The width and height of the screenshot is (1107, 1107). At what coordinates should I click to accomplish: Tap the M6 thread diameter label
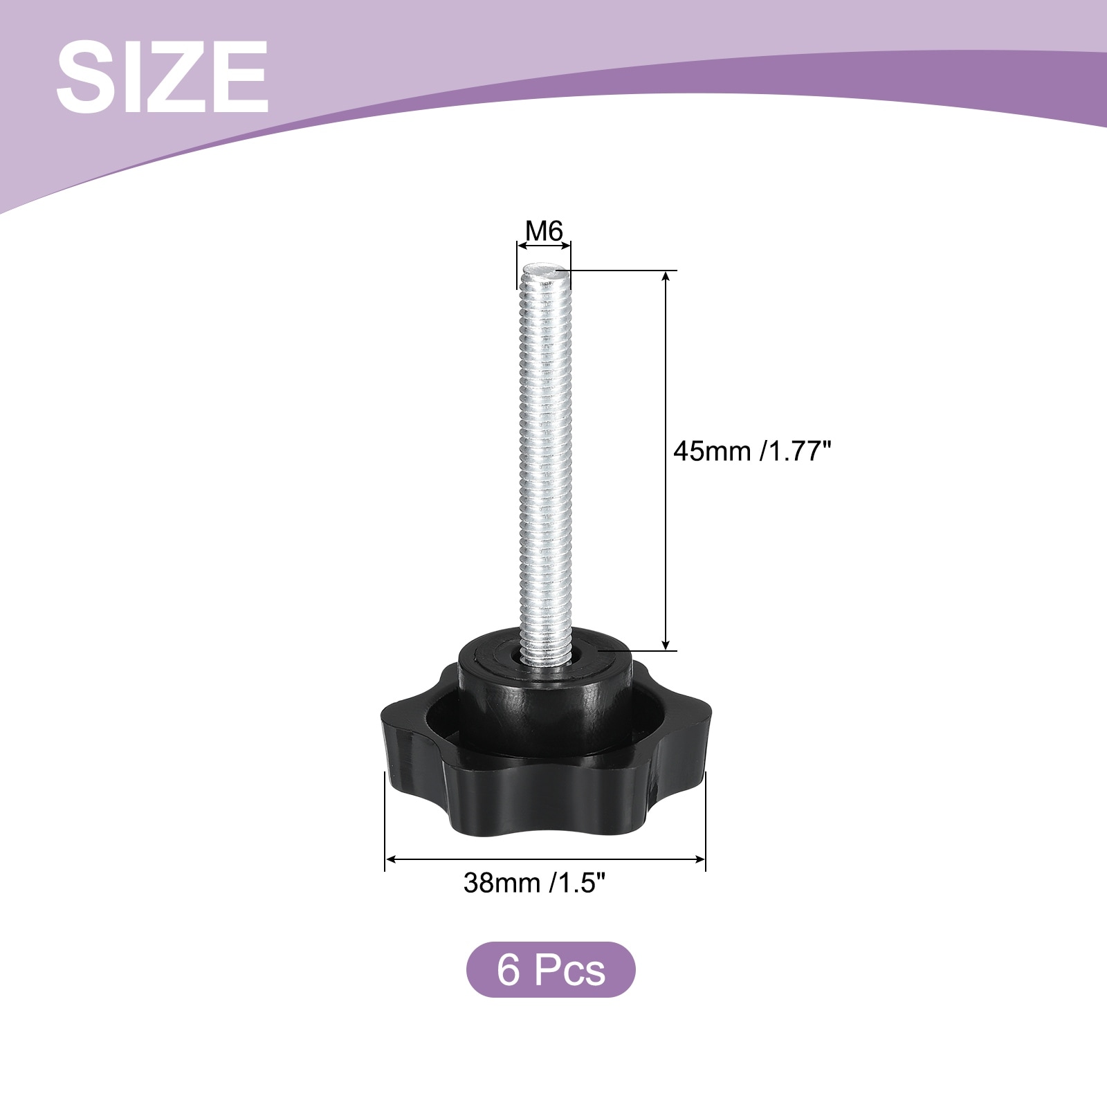click(545, 230)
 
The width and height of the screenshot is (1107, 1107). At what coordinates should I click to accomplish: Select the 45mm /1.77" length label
click(751, 451)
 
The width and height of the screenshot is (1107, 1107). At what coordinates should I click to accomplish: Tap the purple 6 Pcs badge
click(551, 969)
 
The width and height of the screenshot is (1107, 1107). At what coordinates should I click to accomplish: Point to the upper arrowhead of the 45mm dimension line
click(666, 276)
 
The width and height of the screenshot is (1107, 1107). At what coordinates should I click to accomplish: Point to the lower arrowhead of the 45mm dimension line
click(666, 644)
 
